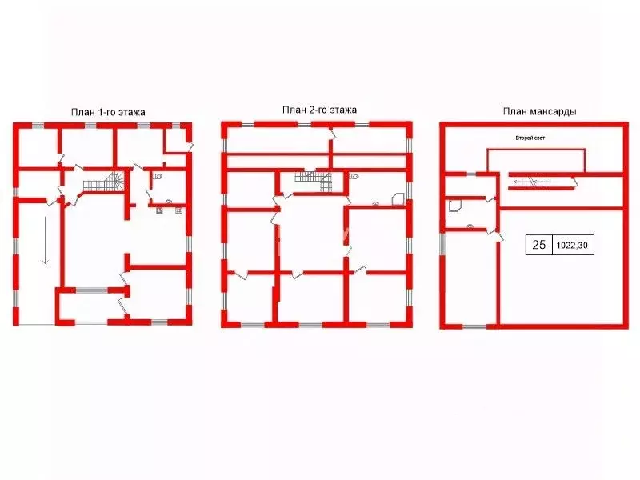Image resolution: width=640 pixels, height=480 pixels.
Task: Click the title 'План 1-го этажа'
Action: pos(108,112)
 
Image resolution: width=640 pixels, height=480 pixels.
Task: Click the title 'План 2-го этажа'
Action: pos(319,110)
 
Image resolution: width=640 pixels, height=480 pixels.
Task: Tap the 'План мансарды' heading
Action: pos(539,111)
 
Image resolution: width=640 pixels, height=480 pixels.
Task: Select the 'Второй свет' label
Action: pos(530,138)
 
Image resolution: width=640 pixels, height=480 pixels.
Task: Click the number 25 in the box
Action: pos(538,245)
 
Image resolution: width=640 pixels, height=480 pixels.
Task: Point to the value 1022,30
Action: pos(572,245)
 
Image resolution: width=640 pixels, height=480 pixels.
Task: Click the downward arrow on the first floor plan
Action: pos(46,241)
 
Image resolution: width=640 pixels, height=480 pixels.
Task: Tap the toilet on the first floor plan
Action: pos(158,177)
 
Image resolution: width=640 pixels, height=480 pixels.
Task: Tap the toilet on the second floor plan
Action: pos(354,177)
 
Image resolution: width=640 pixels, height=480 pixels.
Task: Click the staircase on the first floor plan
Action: pos(102,182)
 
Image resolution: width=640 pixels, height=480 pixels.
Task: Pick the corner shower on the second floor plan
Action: pos(398,200)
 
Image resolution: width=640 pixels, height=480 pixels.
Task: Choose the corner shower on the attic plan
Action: pos(455,206)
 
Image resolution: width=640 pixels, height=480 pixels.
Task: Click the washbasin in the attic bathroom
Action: pos(470,226)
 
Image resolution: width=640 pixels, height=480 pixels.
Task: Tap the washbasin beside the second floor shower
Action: pos(375,203)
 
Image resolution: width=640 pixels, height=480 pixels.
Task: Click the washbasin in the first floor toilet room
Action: pos(169,202)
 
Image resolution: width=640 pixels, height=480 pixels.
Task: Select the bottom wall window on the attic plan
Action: pos(474,326)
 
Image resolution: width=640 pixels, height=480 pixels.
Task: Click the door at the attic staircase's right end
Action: pos(574,182)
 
